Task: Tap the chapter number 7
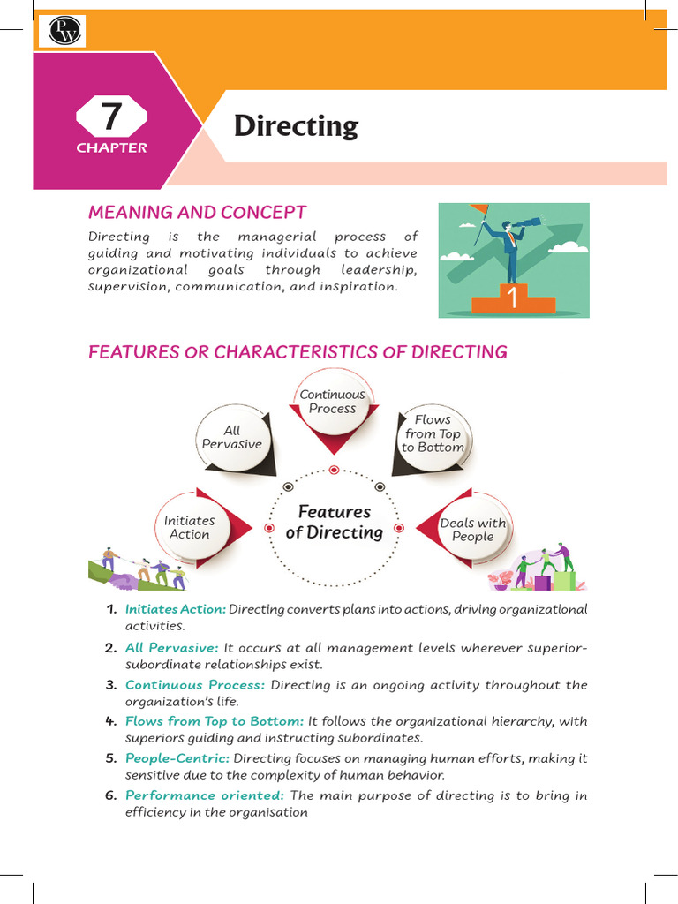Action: pyautogui.click(x=110, y=117)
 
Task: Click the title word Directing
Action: pyautogui.click(x=296, y=126)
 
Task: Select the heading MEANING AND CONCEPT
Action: pyautogui.click(x=197, y=212)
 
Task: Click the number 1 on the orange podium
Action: pyautogui.click(x=512, y=298)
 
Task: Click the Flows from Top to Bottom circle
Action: pyautogui.click(x=433, y=433)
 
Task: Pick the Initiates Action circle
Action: pyautogui.click(x=190, y=527)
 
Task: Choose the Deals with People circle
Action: pyautogui.click(x=473, y=530)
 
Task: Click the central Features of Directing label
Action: pyautogui.click(x=335, y=522)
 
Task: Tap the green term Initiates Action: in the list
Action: pyautogui.click(x=176, y=609)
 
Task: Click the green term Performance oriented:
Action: pyautogui.click(x=205, y=795)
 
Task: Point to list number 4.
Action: pyautogui.click(x=110, y=721)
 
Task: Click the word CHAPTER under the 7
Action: pyautogui.click(x=111, y=148)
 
